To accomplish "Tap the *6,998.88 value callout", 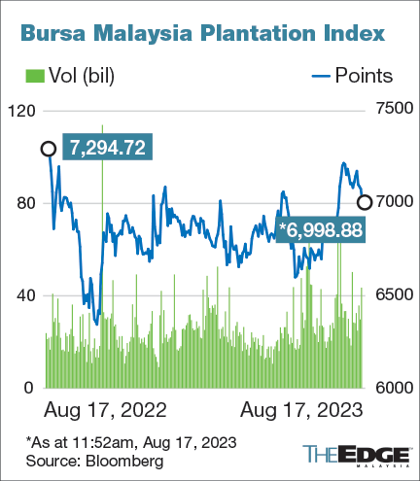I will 319,229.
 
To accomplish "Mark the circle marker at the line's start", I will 48,148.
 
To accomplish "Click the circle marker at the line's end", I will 365,202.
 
